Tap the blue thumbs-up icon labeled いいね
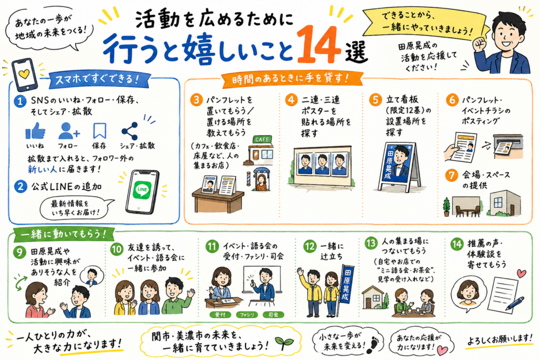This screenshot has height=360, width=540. (35, 131)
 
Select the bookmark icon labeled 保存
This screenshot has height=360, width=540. (99, 131)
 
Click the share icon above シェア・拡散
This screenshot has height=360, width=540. (130, 131)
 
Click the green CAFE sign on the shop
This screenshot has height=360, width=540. (263, 139)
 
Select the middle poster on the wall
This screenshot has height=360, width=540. (322, 163)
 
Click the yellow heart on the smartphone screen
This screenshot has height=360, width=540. (24, 74)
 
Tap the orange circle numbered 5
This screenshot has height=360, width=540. (375, 100)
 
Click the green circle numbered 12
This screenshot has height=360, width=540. (310, 246)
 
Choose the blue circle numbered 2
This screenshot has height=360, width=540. (21, 187)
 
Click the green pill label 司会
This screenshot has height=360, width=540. (273, 315)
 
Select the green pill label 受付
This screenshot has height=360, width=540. (220, 315)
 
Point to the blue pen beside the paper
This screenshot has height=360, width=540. (515, 304)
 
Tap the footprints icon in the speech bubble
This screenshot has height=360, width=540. (373, 345)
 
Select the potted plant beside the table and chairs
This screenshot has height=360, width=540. (447, 207)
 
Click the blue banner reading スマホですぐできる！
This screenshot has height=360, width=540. (98, 80)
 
